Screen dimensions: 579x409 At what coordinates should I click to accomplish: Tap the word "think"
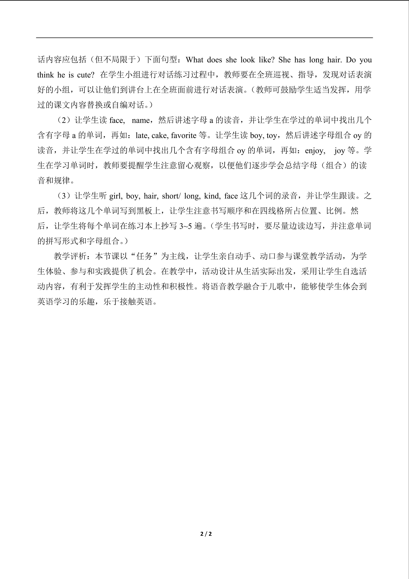tap(46, 75)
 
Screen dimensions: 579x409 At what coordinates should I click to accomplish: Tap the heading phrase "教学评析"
tap(70, 256)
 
